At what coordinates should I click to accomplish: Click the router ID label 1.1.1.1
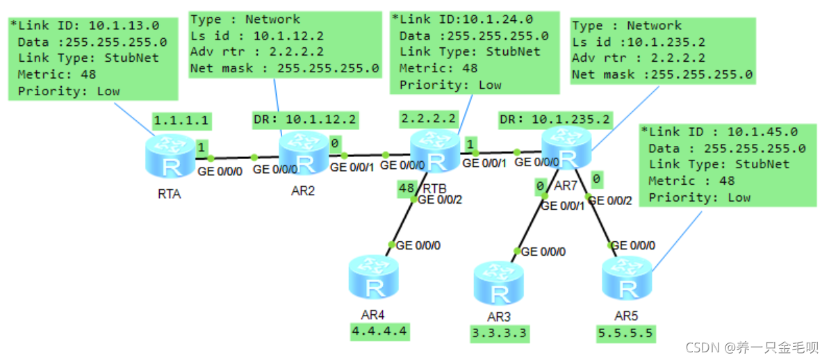point(181,120)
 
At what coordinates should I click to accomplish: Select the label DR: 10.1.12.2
point(305,120)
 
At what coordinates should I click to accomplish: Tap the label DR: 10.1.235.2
point(555,120)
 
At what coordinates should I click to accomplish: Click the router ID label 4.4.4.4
point(379,332)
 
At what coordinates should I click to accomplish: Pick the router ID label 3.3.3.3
point(498,334)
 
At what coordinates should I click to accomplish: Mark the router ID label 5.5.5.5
point(625,334)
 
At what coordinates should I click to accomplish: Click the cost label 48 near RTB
point(406,188)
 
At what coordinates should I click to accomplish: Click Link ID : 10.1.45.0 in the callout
point(719,131)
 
